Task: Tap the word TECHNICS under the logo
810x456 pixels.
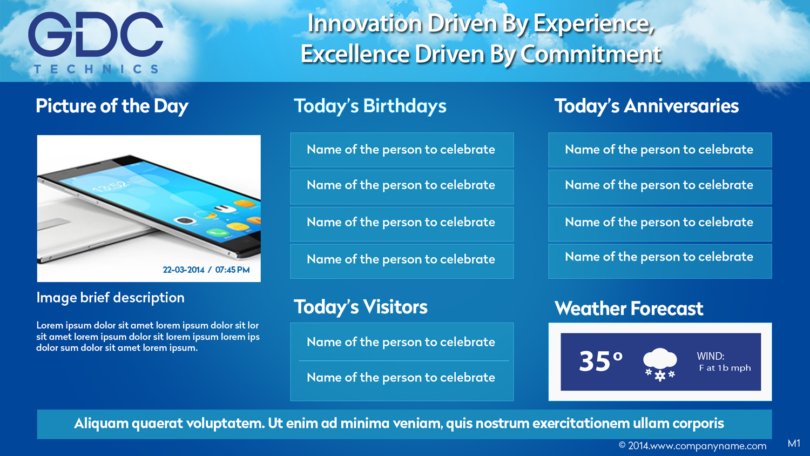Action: (x=96, y=69)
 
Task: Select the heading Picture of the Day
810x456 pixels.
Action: (x=112, y=106)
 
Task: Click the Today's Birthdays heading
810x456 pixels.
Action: (x=370, y=106)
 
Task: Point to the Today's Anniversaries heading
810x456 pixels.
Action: (x=646, y=106)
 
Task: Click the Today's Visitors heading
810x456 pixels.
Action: (x=360, y=307)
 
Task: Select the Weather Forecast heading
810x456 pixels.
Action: (x=629, y=309)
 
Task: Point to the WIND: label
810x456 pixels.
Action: (x=710, y=356)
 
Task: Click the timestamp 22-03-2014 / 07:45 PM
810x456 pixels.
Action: (x=206, y=270)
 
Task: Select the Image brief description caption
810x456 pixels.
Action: (x=110, y=298)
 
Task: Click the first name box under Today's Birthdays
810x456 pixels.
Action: (x=401, y=150)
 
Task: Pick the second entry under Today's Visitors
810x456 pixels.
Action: (x=401, y=378)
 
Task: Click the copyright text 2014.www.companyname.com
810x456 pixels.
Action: (x=692, y=446)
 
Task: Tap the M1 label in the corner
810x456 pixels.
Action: (x=794, y=444)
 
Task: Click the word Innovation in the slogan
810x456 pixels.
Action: (x=364, y=23)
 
